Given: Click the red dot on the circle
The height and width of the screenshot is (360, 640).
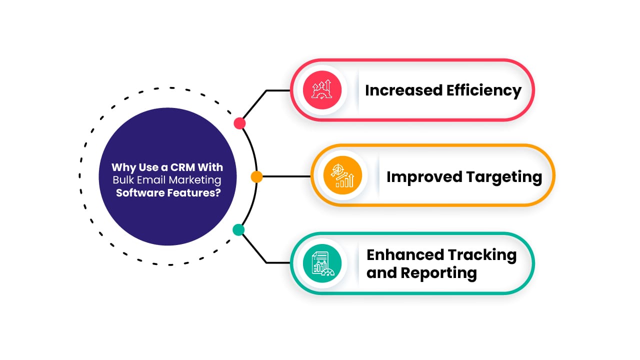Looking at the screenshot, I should pos(240,123).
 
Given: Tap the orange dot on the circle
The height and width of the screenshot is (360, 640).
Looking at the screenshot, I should pos(256,176).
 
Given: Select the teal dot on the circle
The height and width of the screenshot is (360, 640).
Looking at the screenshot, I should pos(239,229).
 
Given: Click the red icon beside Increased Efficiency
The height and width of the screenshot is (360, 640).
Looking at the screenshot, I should pos(322,90).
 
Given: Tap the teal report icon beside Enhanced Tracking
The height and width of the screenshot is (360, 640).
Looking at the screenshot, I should pos(322,263).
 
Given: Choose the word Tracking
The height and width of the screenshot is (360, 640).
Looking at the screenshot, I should pos(483,255).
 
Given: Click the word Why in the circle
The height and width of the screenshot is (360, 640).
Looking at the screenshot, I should pos(120,167).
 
